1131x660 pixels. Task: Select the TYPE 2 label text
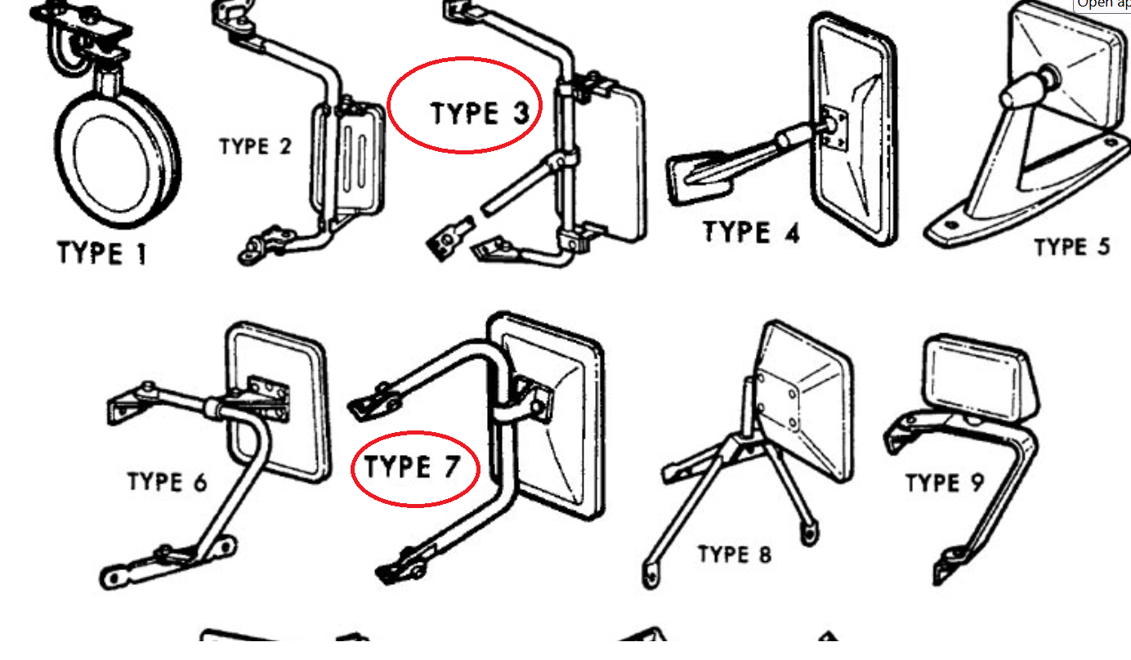[255, 147]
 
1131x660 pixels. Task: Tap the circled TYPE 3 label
[481, 114]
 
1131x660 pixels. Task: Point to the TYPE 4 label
[751, 232]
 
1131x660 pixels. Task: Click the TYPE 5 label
[1071, 247]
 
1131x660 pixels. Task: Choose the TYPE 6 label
[167, 482]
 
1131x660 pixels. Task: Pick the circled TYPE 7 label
[412, 469]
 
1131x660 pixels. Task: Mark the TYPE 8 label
[734, 555]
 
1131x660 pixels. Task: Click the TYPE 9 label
[944, 484]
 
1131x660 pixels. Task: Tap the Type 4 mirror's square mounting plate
[833, 128]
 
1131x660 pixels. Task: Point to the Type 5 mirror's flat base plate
[1021, 229]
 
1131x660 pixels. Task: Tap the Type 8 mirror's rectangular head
[805, 400]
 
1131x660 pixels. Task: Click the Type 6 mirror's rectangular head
[278, 400]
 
